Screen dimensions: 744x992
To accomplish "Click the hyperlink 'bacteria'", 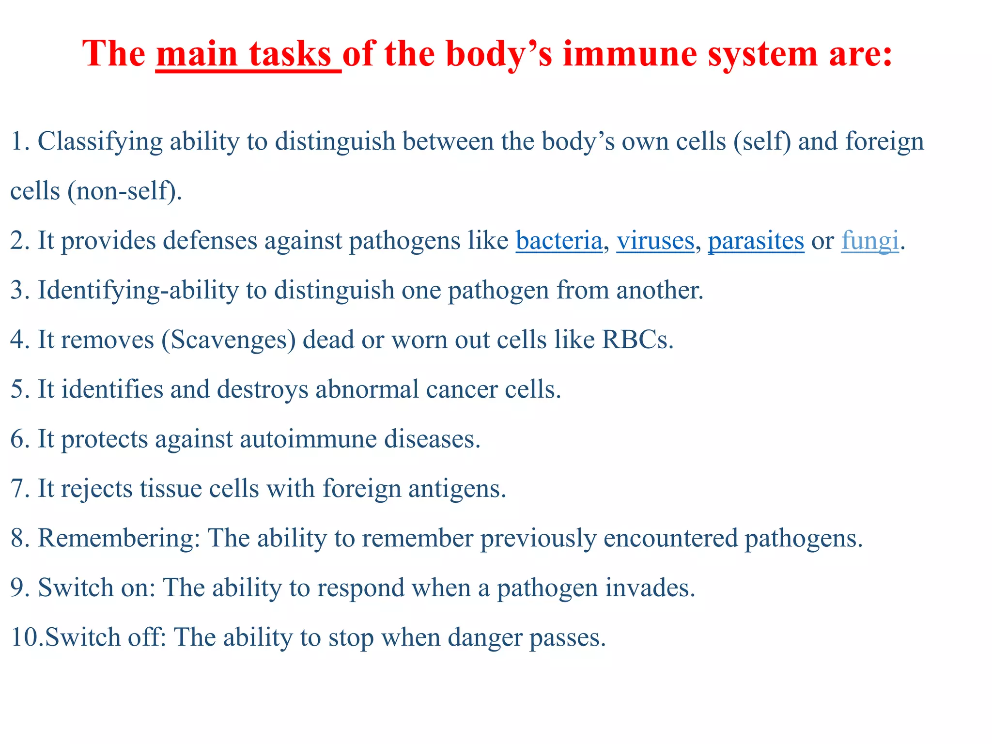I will point(559,241).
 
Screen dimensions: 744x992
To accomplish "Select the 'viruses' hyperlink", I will point(655,241).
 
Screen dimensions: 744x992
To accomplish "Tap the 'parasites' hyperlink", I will point(756,241).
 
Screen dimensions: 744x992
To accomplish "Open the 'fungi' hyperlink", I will point(869,241).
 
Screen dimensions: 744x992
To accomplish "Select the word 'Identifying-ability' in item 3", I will point(138,291).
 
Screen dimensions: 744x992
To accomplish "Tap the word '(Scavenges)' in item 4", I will point(228,340).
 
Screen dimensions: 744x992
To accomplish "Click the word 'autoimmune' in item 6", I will point(308,439).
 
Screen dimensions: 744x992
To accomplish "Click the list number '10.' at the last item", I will point(27,637).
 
